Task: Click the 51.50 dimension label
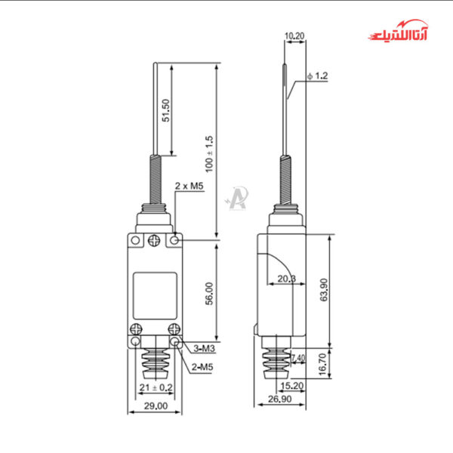click(166, 110)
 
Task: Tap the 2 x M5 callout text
click(190, 185)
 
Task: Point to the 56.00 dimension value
click(210, 294)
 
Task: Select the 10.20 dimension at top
click(294, 35)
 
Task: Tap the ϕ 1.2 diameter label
click(318, 75)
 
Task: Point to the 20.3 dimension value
click(286, 279)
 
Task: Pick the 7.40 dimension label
click(297, 358)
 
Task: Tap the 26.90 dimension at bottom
click(281, 400)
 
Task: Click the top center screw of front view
click(155, 241)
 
